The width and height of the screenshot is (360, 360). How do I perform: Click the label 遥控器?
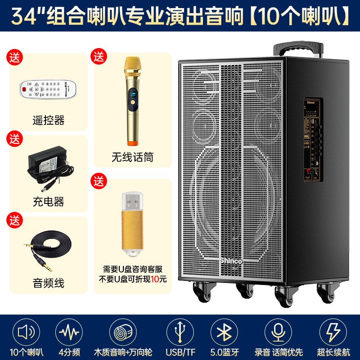(49, 120)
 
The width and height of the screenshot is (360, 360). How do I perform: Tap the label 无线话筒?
(132, 157)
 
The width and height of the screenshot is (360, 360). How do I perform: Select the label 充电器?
(49, 202)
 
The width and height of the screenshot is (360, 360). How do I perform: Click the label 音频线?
(49, 283)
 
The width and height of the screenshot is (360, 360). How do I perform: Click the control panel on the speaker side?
(313, 139)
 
